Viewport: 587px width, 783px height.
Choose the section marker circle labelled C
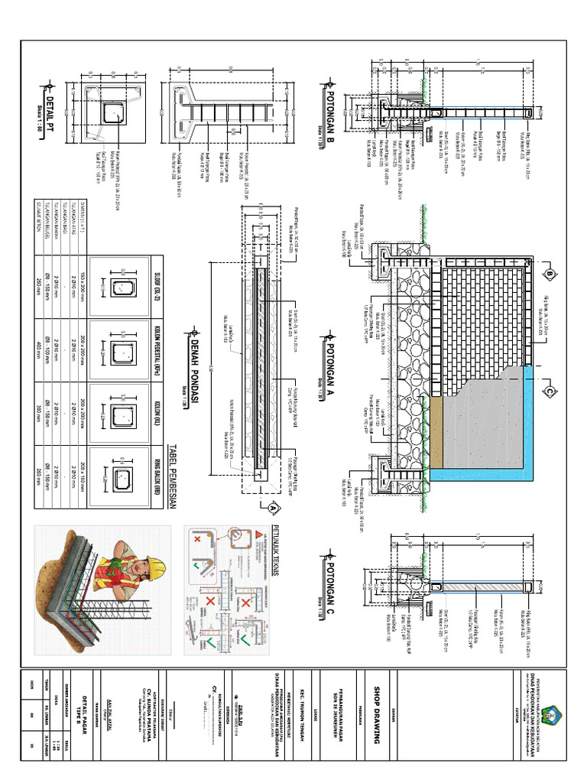pos(548,391)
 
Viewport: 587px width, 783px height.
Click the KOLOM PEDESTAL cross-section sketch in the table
pos(122,352)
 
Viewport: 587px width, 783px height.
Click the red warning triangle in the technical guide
pos(259,531)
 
